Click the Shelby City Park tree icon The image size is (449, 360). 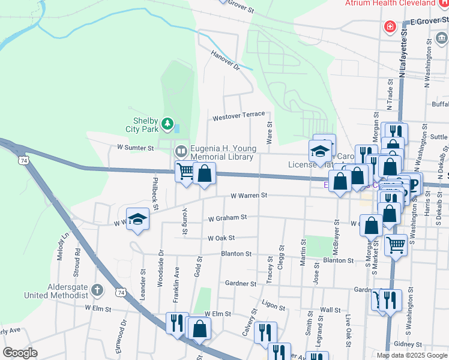coord(167,124)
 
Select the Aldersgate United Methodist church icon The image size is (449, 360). coord(99,290)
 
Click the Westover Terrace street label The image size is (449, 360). coord(238,115)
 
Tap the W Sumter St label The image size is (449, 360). coord(135,146)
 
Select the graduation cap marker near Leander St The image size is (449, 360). coord(137,220)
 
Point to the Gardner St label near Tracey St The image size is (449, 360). coord(241,283)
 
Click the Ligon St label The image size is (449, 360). coord(273,306)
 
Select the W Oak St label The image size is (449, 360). coord(221,238)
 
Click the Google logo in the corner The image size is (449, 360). coord(19,352)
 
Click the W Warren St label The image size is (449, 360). coord(249,196)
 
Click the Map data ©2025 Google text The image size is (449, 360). coord(412,355)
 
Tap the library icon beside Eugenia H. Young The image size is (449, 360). coord(180,150)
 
